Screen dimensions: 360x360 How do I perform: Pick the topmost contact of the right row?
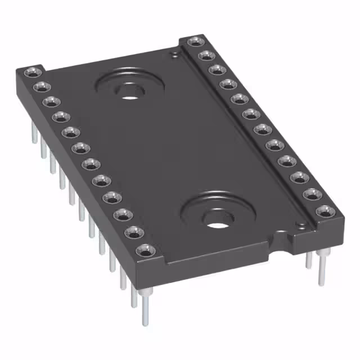point(194,42)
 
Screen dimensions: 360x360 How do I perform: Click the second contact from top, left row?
point(40,87)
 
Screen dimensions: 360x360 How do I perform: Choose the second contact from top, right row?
point(205,55)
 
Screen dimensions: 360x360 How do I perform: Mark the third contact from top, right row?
point(215,69)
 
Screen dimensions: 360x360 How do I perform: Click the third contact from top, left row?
point(51,102)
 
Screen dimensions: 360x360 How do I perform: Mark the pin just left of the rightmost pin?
point(309,261)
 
